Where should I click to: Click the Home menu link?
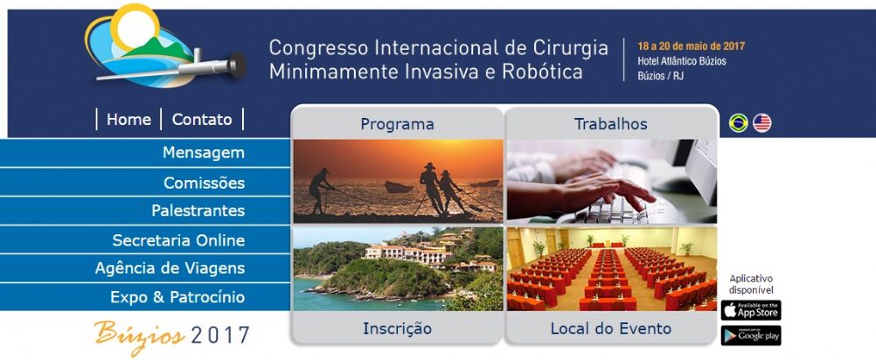click(x=129, y=120)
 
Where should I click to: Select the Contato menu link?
click(x=202, y=120)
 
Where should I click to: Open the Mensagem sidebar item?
click(x=204, y=153)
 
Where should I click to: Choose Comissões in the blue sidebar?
click(x=204, y=183)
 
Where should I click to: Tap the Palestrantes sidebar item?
click(x=198, y=211)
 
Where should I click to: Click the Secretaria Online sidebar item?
click(x=178, y=240)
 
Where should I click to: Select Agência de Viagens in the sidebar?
click(x=170, y=268)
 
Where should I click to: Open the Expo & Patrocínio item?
click(x=177, y=297)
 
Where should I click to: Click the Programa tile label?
click(x=397, y=124)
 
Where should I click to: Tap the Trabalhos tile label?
click(x=610, y=124)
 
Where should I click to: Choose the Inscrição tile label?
click(x=397, y=329)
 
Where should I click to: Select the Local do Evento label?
click(x=610, y=329)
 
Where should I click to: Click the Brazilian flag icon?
click(x=738, y=123)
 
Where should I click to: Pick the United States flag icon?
click(x=762, y=123)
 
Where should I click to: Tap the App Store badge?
click(x=751, y=310)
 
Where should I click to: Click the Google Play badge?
click(x=751, y=336)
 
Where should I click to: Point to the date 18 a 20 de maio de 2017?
click(x=691, y=46)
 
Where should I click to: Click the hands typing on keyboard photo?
click(x=611, y=182)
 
